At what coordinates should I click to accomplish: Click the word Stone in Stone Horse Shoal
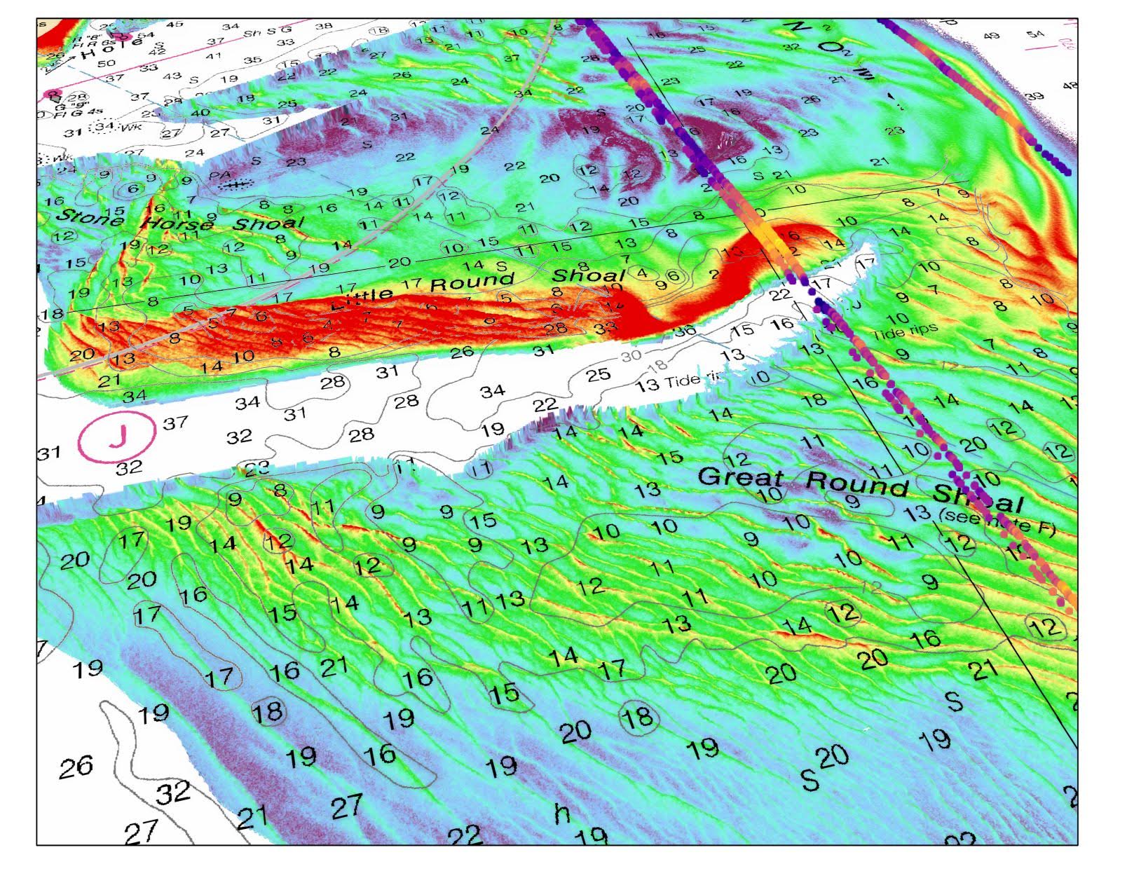click(x=90, y=217)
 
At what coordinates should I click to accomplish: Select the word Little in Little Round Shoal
click(x=362, y=298)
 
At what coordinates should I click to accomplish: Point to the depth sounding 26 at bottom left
click(x=75, y=767)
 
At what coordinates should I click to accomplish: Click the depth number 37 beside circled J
click(x=175, y=423)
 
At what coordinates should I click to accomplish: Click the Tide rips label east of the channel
click(x=905, y=332)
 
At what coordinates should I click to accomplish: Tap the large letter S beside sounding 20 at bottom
click(x=810, y=779)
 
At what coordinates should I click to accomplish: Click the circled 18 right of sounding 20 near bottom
click(x=638, y=717)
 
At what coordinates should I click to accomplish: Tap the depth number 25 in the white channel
click(x=598, y=376)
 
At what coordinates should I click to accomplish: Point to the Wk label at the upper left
click(x=130, y=128)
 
